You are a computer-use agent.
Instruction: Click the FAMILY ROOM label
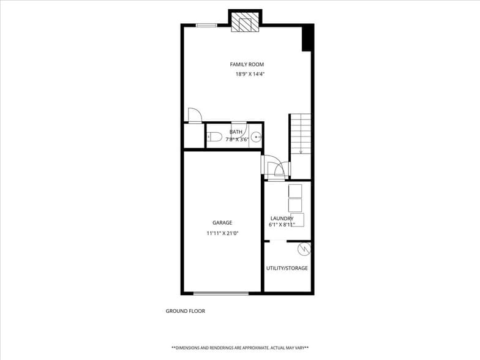click(247, 64)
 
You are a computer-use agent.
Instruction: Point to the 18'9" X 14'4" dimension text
click(250, 74)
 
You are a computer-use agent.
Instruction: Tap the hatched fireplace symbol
click(245, 23)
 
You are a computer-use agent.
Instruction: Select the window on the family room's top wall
click(206, 25)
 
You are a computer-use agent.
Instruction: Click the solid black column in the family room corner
click(308, 39)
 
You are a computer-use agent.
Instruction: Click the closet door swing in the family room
click(194, 115)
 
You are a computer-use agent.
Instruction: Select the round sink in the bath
click(257, 137)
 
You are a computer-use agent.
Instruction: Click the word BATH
click(236, 132)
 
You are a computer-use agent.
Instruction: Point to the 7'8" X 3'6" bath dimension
click(237, 140)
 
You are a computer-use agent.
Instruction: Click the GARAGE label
click(222, 223)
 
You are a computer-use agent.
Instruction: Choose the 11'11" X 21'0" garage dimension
click(222, 233)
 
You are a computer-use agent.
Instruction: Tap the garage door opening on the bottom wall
click(217, 293)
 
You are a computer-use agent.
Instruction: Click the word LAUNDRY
click(282, 218)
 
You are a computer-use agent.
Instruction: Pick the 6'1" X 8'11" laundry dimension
click(282, 225)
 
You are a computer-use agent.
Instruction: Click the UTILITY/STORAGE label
click(287, 268)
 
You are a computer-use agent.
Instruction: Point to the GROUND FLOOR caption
click(186, 311)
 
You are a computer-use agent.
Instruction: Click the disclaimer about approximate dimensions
click(240, 347)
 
